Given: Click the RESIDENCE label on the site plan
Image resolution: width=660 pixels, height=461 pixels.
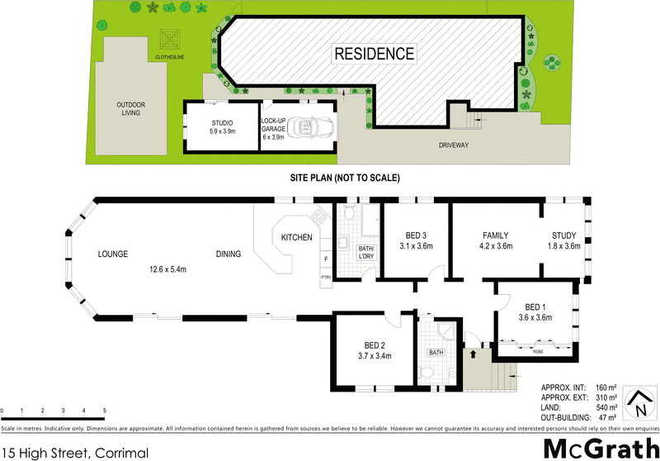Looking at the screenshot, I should pyautogui.click(x=374, y=55).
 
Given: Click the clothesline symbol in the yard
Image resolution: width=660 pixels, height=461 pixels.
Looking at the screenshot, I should pyautogui.click(x=170, y=40).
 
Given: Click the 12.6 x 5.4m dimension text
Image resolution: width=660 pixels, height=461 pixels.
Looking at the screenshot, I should pyautogui.click(x=167, y=269).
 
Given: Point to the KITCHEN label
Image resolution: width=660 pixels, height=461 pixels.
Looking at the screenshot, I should pyautogui.click(x=296, y=238).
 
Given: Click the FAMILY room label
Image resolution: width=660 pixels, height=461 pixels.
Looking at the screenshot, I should pyautogui.click(x=495, y=235).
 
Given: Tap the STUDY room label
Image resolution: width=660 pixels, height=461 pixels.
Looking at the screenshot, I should pyautogui.click(x=565, y=235).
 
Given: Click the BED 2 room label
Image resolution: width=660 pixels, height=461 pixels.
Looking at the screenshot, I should pyautogui.click(x=375, y=345).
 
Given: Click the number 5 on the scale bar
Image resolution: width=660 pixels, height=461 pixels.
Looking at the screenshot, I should pyautogui.click(x=105, y=411).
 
